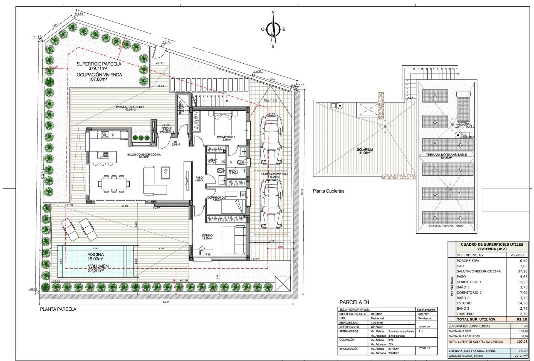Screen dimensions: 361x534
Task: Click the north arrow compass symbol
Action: [x=273, y=29]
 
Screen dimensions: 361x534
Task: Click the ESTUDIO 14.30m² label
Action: [x=207, y=237]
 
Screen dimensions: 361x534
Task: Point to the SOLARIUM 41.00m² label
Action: [x=365, y=151]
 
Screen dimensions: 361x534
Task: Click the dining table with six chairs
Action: [x=114, y=183]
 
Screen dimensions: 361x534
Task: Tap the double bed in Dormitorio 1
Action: [x=222, y=125]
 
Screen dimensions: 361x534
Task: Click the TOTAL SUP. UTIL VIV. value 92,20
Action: [x=519, y=319]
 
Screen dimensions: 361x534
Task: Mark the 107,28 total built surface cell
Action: [x=519, y=342]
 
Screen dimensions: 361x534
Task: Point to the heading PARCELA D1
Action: [x=354, y=302]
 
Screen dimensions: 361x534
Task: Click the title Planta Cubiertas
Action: [x=328, y=191]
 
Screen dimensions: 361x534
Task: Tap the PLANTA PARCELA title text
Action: [x=58, y=309]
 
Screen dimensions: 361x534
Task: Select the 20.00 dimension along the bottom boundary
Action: [x=166, y=302]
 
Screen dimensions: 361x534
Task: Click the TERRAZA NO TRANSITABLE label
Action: [x=446, y=155]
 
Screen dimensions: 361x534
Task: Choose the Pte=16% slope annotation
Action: [x=270, y=101]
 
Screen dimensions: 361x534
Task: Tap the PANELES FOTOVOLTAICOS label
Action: [x=446, y=226]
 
